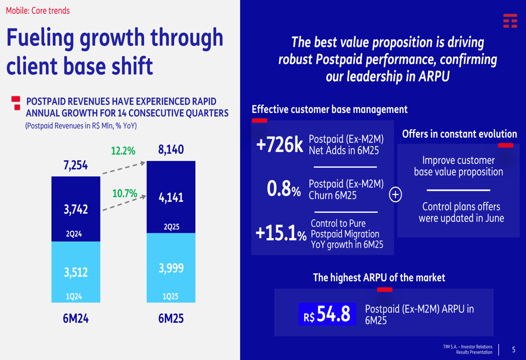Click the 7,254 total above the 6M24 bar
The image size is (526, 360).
click(x=76, y=166)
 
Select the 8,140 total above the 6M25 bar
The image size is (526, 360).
click(x=171, y=150)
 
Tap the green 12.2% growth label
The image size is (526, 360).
click(x=123, y=151)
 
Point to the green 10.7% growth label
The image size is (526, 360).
click(x=125, y=193)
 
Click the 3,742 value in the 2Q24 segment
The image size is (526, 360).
click(x=76, y=210)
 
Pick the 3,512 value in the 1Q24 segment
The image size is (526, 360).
click(x=76, y=272)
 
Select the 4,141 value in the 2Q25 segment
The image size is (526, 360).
click(x=171, y=198)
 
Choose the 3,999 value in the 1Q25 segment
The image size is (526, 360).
click(x=171, y=269)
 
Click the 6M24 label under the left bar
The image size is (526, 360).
click(x=76, y=318)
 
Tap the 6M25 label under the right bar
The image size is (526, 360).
click(x=171, y=318)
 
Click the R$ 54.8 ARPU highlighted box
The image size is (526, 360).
click(x=327, y=314)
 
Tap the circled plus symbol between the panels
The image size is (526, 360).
click(x=395, y=195)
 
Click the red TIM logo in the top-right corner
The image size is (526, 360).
click(x=510, y=20)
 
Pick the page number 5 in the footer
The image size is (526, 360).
click(x=514, y=349)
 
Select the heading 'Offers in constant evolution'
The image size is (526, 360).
click(x=459, y=134)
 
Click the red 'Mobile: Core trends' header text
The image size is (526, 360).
click(x=38, y=11)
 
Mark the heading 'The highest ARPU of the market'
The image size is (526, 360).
click(x=379, y=277)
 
